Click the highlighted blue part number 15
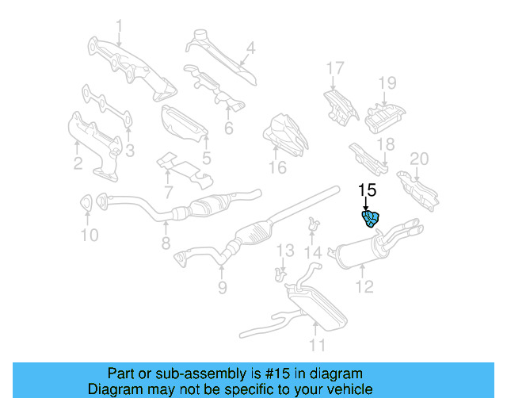coord(371,219)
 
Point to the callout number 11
coord(317,345)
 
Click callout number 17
coord(335,67)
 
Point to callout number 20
coord(418,159)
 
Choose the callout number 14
coord(314,253)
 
